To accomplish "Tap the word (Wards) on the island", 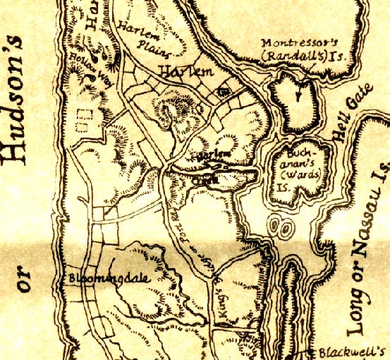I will point(298,176).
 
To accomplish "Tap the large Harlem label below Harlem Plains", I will point(185,71).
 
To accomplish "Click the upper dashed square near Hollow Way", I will point(85,113).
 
